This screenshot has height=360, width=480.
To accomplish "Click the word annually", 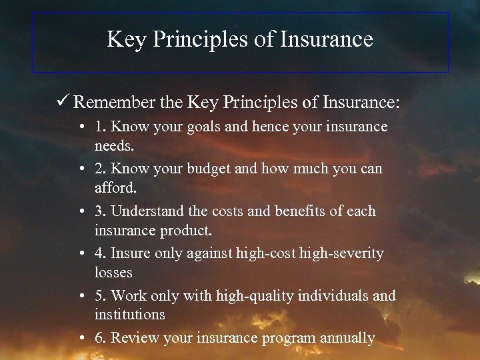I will pos(347,338).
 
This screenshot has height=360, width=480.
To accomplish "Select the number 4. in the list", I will pos(100,253).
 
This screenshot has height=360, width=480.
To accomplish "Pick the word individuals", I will pos(332,295).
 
